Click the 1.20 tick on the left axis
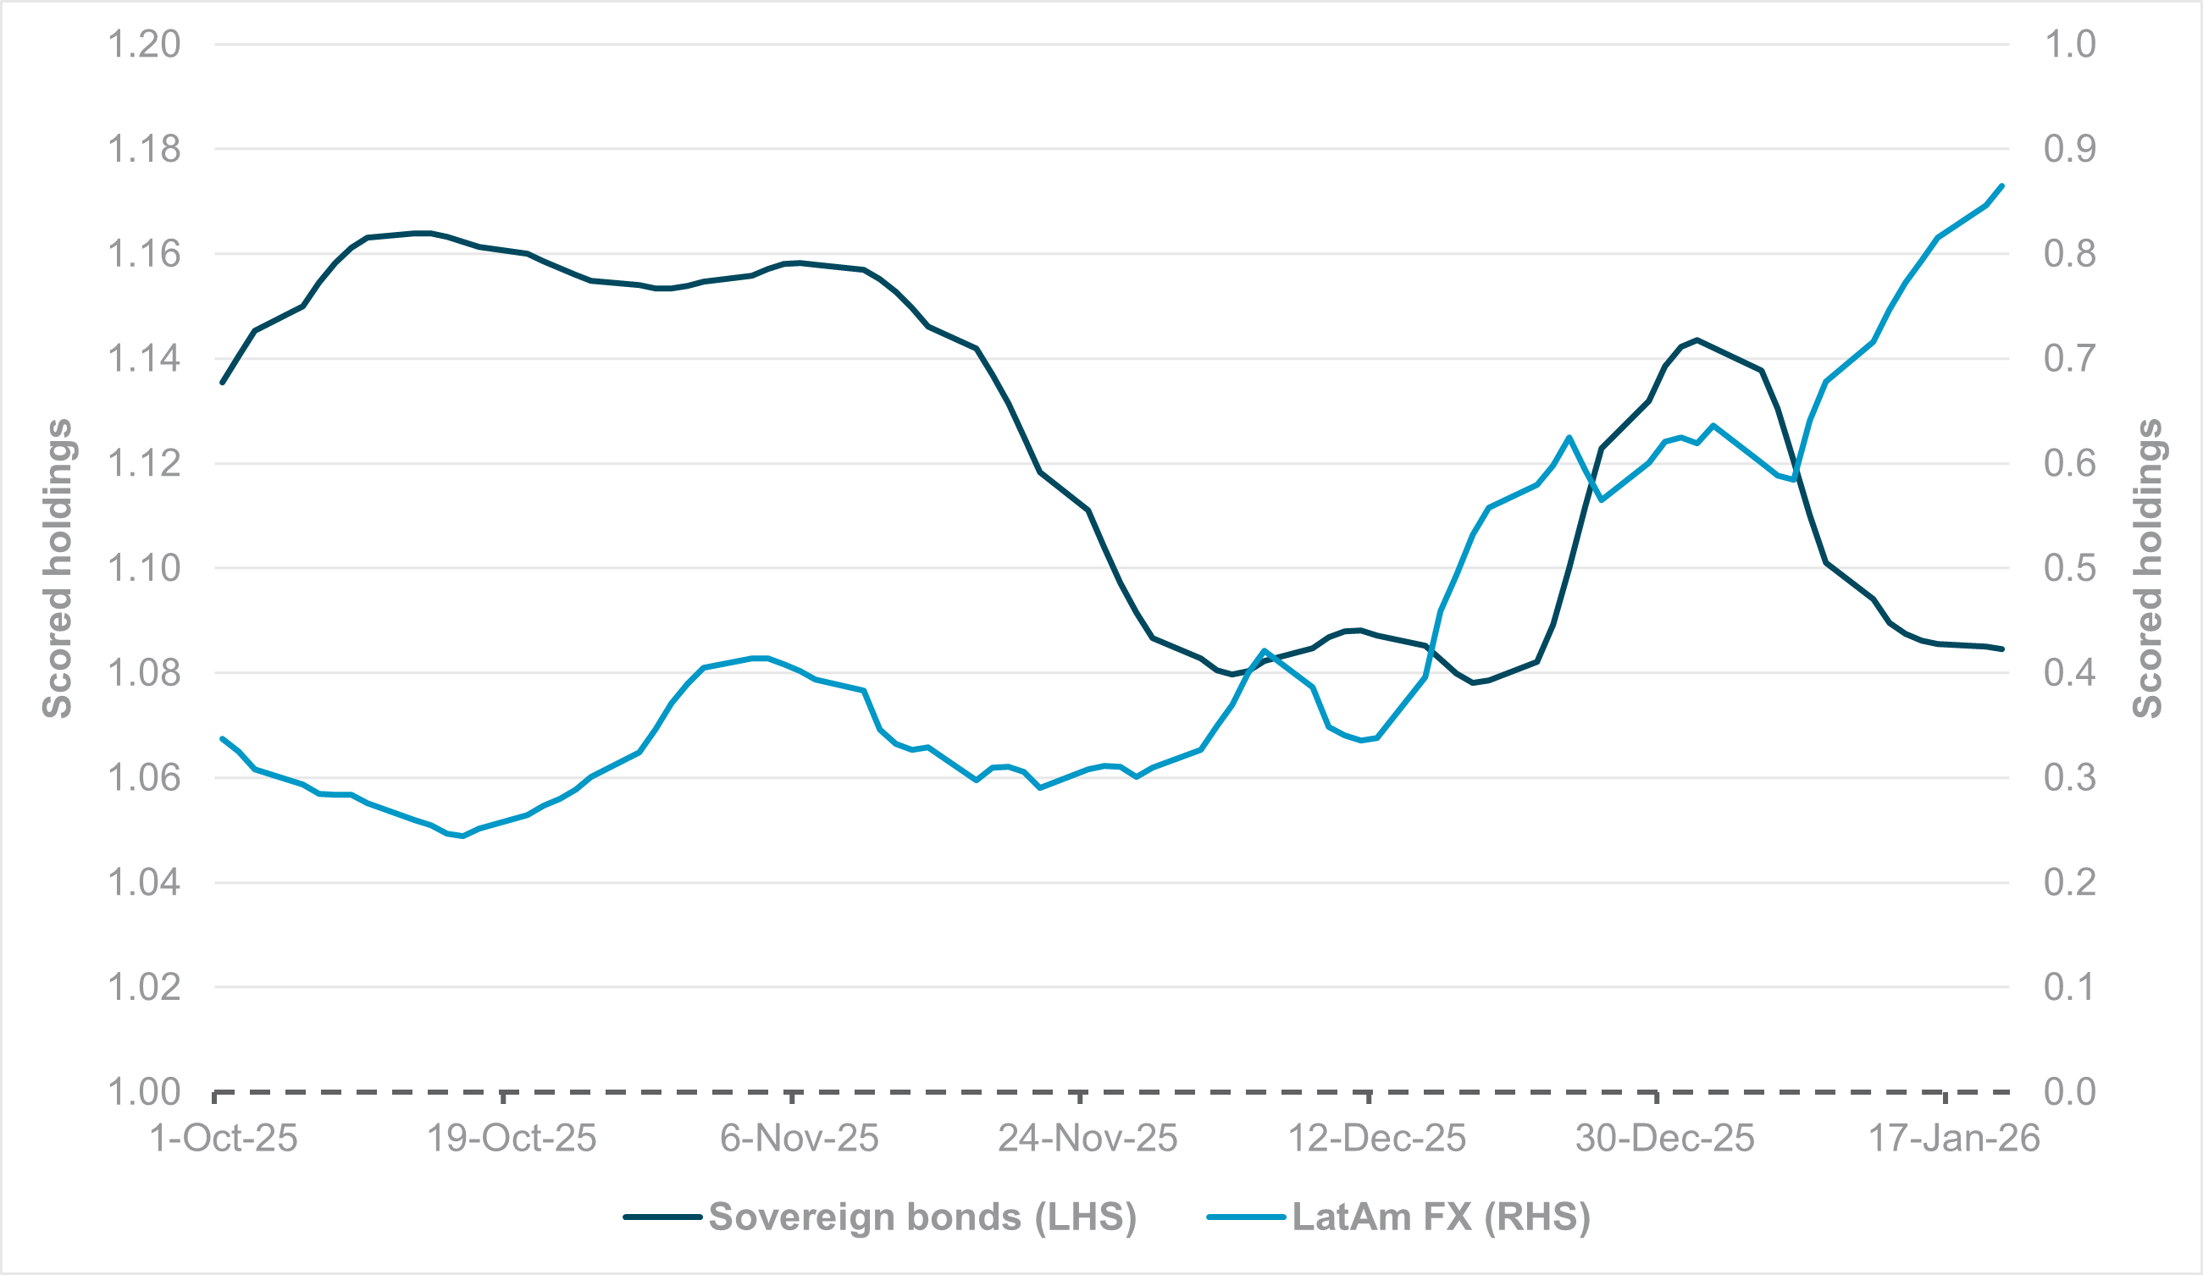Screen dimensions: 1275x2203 tap(143, 44)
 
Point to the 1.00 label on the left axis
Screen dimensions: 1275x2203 tap(143, 1091)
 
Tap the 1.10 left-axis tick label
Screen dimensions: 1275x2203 tap(143, 568)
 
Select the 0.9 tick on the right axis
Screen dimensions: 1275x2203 tap(2069, 148)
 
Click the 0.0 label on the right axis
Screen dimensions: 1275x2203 tap(2069, 1091)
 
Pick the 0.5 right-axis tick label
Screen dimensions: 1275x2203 tap(2069, 568)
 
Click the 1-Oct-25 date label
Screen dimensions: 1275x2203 tap(224, 1139)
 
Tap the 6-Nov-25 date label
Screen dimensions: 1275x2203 tap(799, 1139)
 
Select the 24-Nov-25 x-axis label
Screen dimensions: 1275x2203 tap(1088, 1139)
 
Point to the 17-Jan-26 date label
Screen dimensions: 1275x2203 tap(1954, 1139)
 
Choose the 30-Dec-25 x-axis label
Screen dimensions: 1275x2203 tap(1664, 1139)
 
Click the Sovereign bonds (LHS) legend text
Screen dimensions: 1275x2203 tap(922, 1217)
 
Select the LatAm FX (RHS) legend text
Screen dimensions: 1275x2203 tap(1442, 1217)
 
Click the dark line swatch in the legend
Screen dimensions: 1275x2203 tap(661, 1217)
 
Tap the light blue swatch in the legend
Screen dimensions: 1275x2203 tap(1246, 1217)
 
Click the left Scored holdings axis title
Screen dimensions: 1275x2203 tap(58, 568)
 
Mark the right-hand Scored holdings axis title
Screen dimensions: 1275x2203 tap(2148, 568)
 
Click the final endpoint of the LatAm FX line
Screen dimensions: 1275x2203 tap(2002, 185)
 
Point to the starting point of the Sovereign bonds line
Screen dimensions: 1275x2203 tap(222, 383)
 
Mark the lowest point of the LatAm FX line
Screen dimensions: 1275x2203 tap(462, 836)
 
